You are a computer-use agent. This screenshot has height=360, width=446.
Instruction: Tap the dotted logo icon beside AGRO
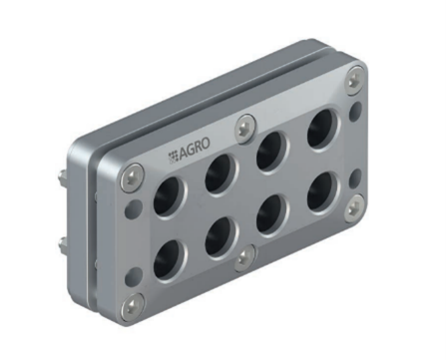[173, 158]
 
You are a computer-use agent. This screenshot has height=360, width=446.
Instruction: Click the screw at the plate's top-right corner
[355, 77]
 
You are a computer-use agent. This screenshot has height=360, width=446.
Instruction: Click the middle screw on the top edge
[245, 129]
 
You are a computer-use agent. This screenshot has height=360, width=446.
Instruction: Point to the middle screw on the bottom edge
[244, 257]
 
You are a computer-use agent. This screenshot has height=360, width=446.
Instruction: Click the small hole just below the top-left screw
[133, 207]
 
